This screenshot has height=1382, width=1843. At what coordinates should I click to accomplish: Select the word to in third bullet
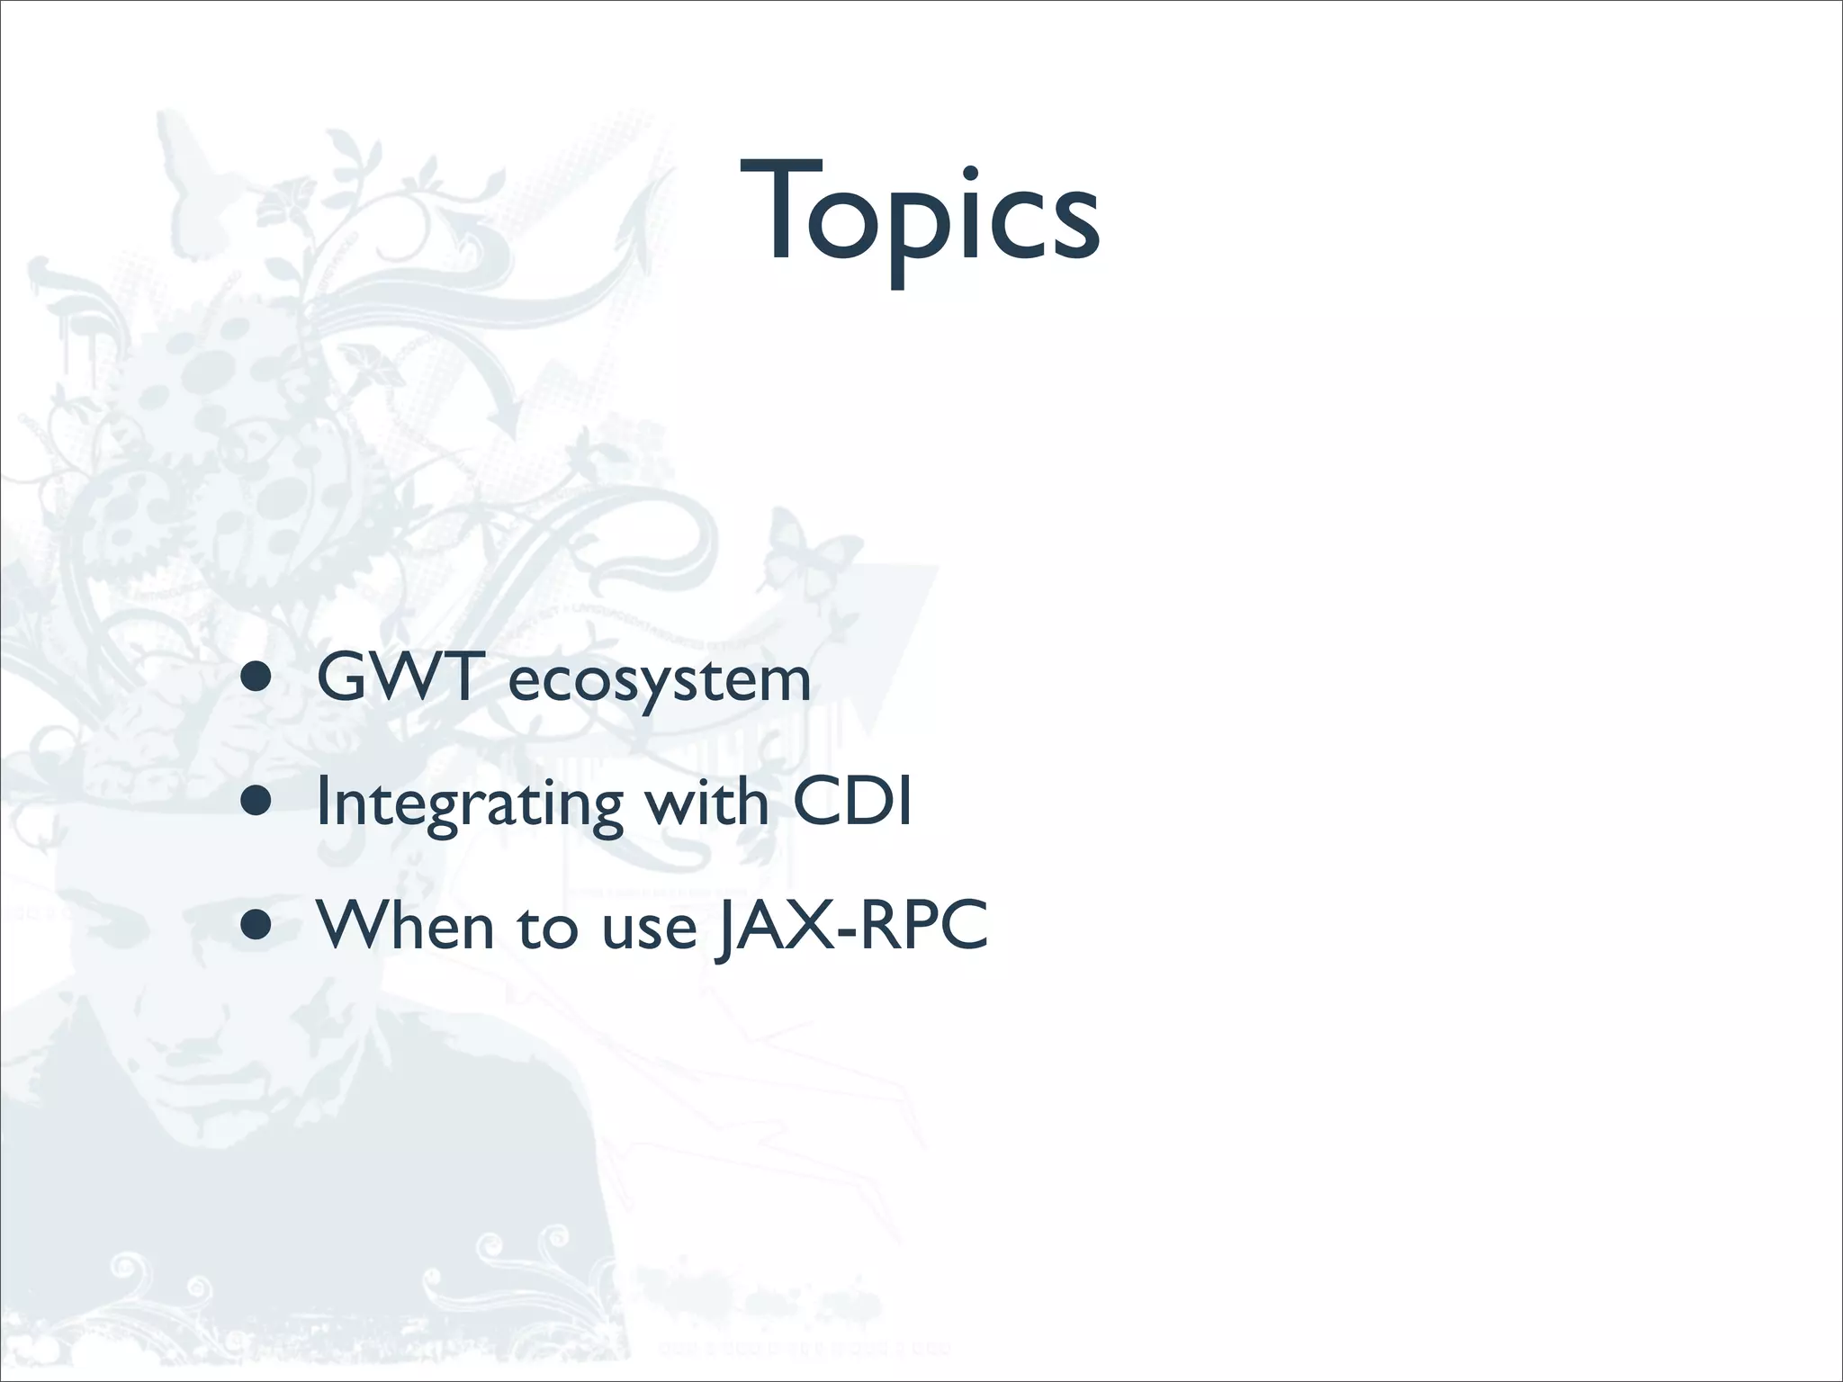[546, 927]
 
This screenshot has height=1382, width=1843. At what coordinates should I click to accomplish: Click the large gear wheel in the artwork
[135, 517]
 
